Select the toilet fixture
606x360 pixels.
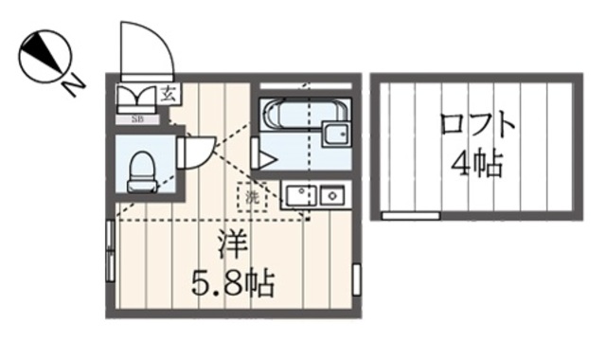click(141, 170)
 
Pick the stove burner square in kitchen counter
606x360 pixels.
click(331, 196)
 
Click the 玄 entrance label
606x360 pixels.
click(167, 93)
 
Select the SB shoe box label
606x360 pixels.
click(137, 118)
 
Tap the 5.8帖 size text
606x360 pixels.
click(234, 282)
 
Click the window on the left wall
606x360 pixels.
click(111, 251)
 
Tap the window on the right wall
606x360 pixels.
click(357, 279)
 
